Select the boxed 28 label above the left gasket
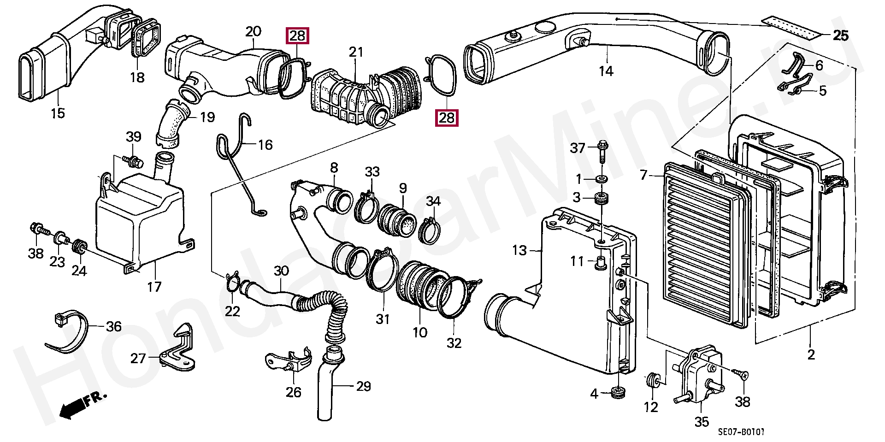(298, 36)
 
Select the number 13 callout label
(519, 251)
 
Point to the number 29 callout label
(364, 386)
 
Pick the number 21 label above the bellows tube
(356, 52)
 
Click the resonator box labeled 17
(138, 221)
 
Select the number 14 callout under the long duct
(606, 71)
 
